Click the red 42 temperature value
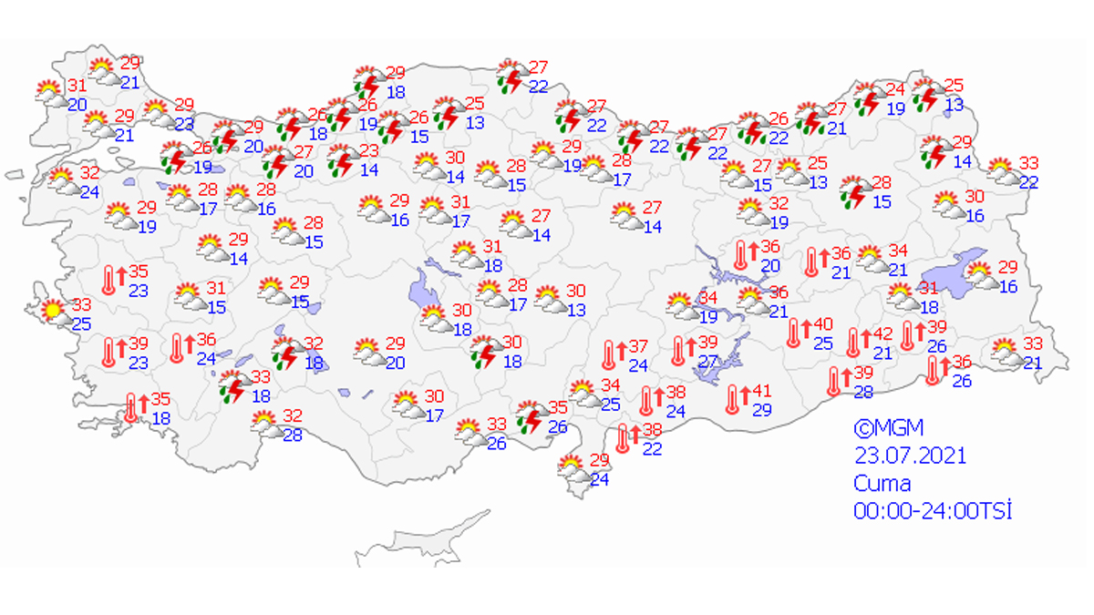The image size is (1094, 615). click(x=882, y=336)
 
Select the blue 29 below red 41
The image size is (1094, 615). click(x=759, y=411)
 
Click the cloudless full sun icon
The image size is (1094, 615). click(x=53, y=311)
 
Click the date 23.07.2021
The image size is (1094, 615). click(x=909, y=455)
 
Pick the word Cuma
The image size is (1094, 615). click(x=882, y=483)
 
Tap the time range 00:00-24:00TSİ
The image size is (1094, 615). click(x=932, y=510)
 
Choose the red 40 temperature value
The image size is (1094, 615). click(x=823, y=325)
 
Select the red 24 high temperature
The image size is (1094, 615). click(x=895, y=89)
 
